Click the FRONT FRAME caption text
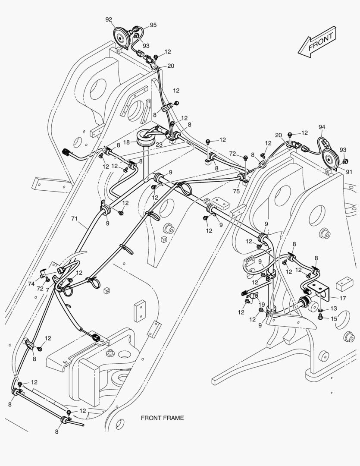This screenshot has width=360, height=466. click(x=162, y=418)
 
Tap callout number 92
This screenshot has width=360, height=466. click(x=109, y=19)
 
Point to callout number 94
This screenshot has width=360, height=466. click(x=322, y=127)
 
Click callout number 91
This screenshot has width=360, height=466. click(x=349, y=172)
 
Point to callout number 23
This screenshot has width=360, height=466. click(x=160, y=145)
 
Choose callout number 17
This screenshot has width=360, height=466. click(x=342, y=298)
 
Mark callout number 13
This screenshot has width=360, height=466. click(x=334, y=309)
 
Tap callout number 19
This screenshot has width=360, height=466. click(x=262, y=305)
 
